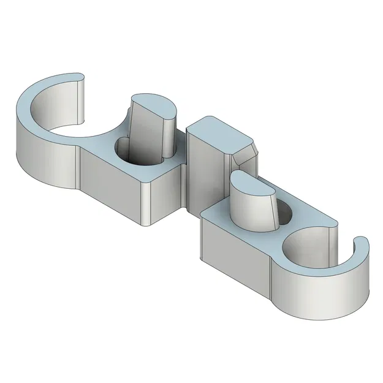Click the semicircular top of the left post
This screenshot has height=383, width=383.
click(154, 105)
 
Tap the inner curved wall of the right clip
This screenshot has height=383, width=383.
click(306, 251)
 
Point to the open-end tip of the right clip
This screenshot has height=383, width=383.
click(362, 245)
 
